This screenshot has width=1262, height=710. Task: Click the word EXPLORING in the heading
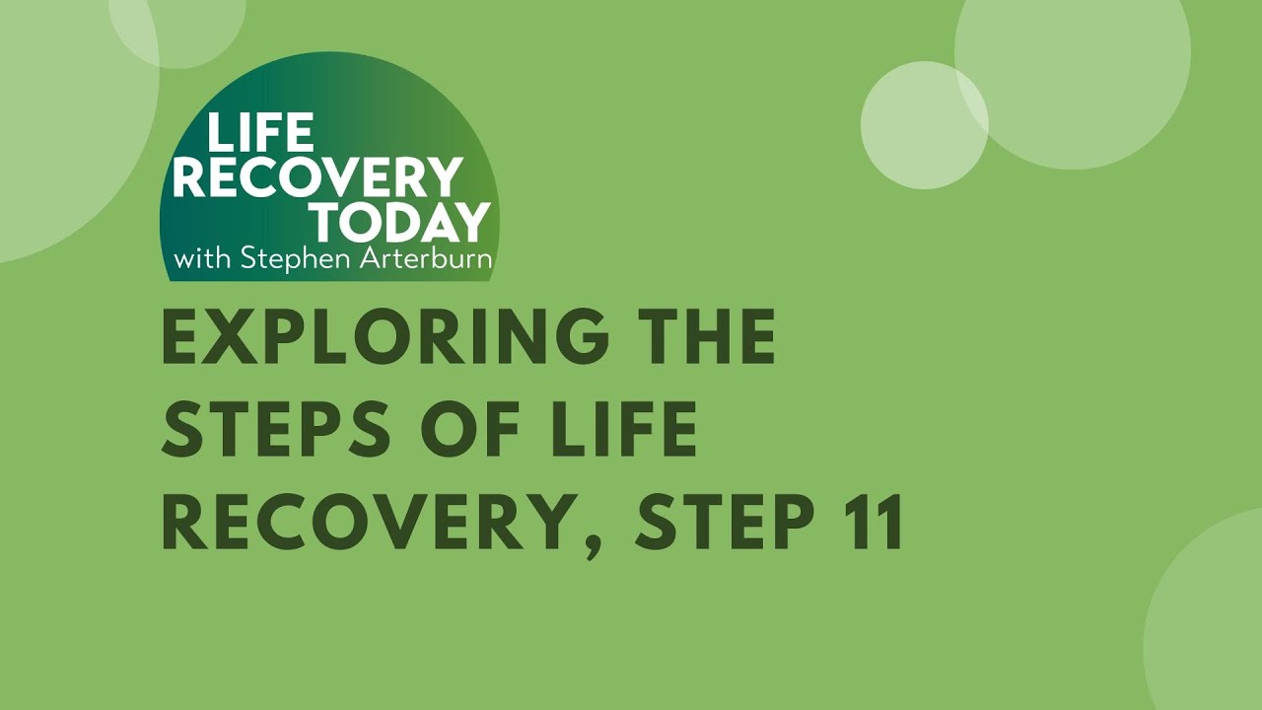385,337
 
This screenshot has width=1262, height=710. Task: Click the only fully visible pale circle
924,125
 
